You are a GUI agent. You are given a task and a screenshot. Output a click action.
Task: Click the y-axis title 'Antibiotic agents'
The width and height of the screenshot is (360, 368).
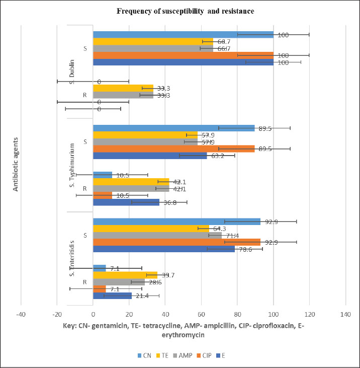16,166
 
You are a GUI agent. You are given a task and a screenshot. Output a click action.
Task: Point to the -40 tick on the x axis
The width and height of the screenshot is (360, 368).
21,315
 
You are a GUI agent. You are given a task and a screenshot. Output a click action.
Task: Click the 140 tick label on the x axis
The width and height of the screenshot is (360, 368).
345,315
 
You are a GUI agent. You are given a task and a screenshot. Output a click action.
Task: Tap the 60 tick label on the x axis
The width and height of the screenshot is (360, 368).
201,315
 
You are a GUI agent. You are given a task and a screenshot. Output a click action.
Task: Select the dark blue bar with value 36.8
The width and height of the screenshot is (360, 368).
126,202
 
